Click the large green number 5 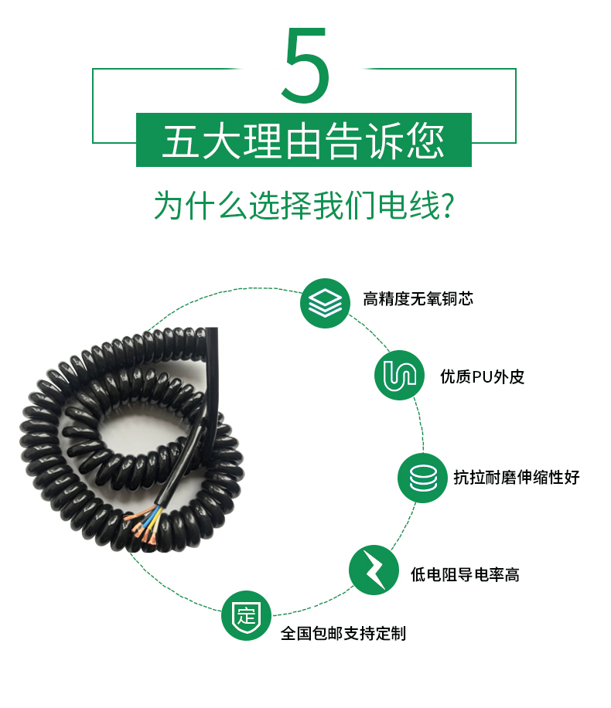[305, 65]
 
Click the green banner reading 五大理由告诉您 [304, 140]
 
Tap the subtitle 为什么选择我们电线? [304, 206]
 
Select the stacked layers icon [325, 303]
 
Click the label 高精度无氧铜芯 [418, 299]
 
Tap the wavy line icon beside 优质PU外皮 [400, 375]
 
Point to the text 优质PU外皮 [482, 376]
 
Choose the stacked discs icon [422, 478]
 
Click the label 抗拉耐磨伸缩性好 [517, 477]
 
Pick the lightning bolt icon [374, 570]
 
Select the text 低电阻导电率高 [465, 575]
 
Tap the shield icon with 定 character [246, 615]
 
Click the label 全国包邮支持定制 [343, 634]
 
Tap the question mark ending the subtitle [447, 206]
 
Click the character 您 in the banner [425, 141]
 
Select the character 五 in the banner [181, 141]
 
